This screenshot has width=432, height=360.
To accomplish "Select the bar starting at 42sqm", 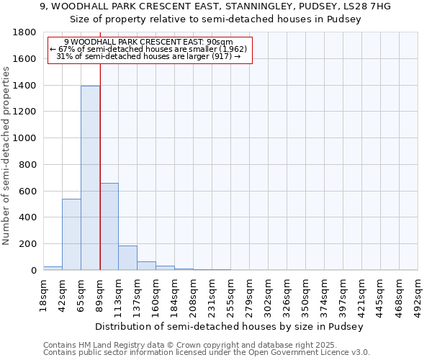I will [x=71, y=234].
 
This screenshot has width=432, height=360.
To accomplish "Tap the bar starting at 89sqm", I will [x=109, y=226].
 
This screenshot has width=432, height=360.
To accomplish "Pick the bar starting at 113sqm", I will [x=127, y=258].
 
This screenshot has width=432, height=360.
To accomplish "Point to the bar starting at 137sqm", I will [x=146, y=266].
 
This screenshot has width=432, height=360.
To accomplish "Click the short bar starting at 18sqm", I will [x=53, y=268].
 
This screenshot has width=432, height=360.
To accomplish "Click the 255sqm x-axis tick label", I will [x=230, y=293].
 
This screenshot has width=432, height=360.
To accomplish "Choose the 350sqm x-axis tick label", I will [x=306, y=293].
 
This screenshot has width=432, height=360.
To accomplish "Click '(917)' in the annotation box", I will [x=221, y=56].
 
